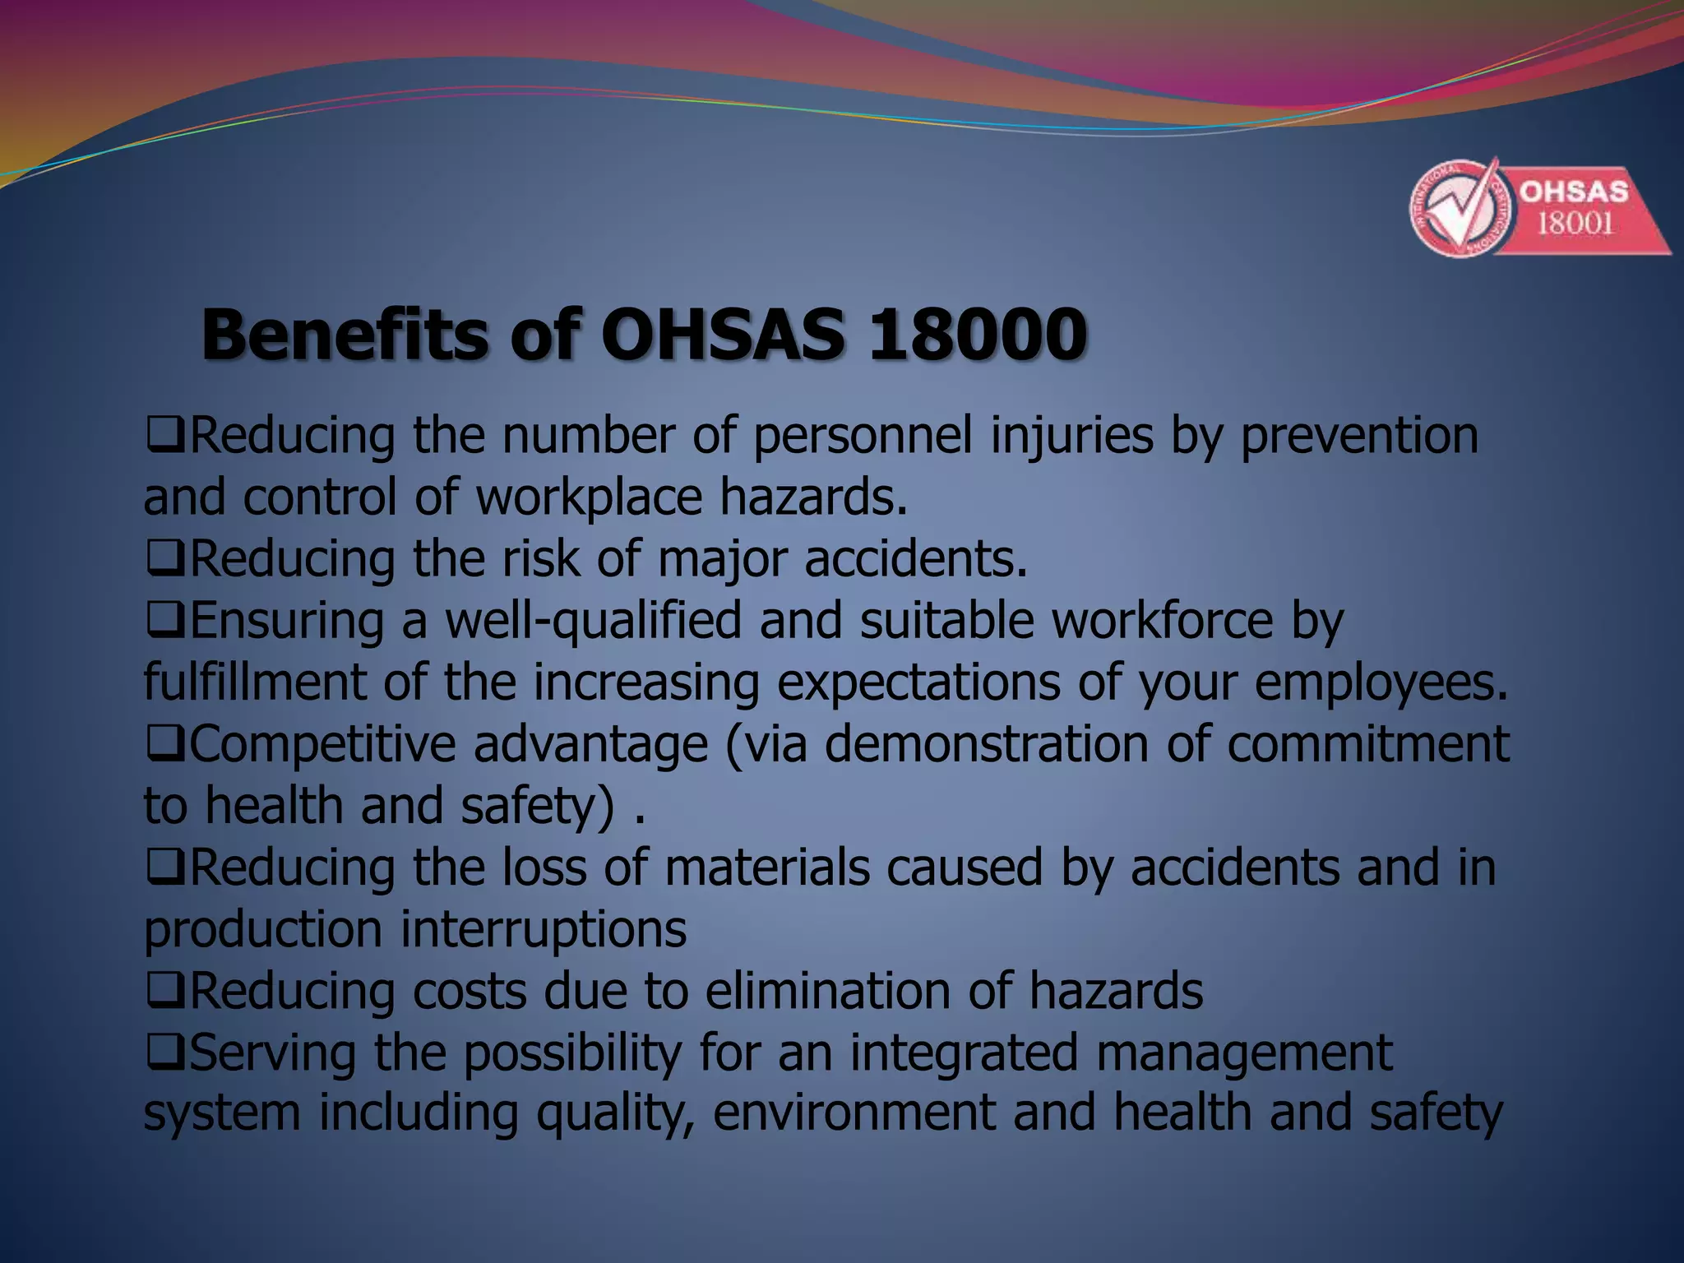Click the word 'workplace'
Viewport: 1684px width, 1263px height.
click(x=590, y=498)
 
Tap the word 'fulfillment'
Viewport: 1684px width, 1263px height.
click(x=255, y=682)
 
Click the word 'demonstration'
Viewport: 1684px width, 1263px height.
click(x=987, y=744)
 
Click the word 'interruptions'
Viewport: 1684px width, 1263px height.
click(x=544, y=930)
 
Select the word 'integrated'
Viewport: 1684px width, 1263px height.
click(x=964, y=1053)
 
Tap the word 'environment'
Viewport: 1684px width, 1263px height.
click(x=854, y=1113)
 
